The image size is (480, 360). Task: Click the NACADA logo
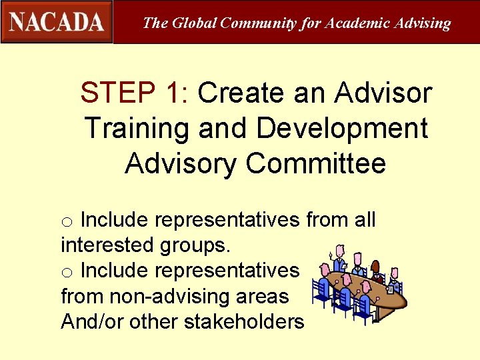pyautogui.click(x=57, y=22)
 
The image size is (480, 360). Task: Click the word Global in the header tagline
pyautogui.click(x=194, y=23)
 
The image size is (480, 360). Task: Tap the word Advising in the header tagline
pyautogui.click(x=423, y=23)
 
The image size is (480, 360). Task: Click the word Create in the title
pyautogui.click(x=243, y=93)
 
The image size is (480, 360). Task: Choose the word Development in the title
pyautogui.click(x=342, y=128)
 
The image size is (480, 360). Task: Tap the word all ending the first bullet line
pyautogui.click(x=363, y=219)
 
